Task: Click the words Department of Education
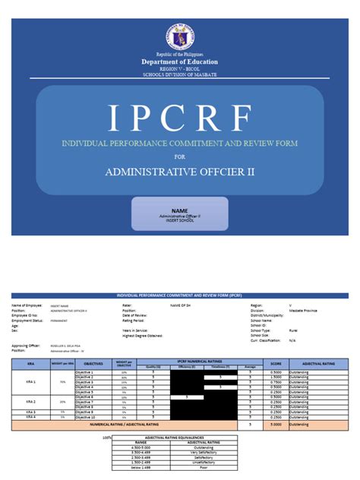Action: (179, 61)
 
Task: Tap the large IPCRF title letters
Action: (179, 117)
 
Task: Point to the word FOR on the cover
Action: (179, 156)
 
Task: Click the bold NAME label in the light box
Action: (179, 210)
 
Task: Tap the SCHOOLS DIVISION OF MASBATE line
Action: (179, 75)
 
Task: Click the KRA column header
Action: (30, 364)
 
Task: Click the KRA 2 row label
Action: (30, 401)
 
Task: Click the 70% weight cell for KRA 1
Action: (62, 381)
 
